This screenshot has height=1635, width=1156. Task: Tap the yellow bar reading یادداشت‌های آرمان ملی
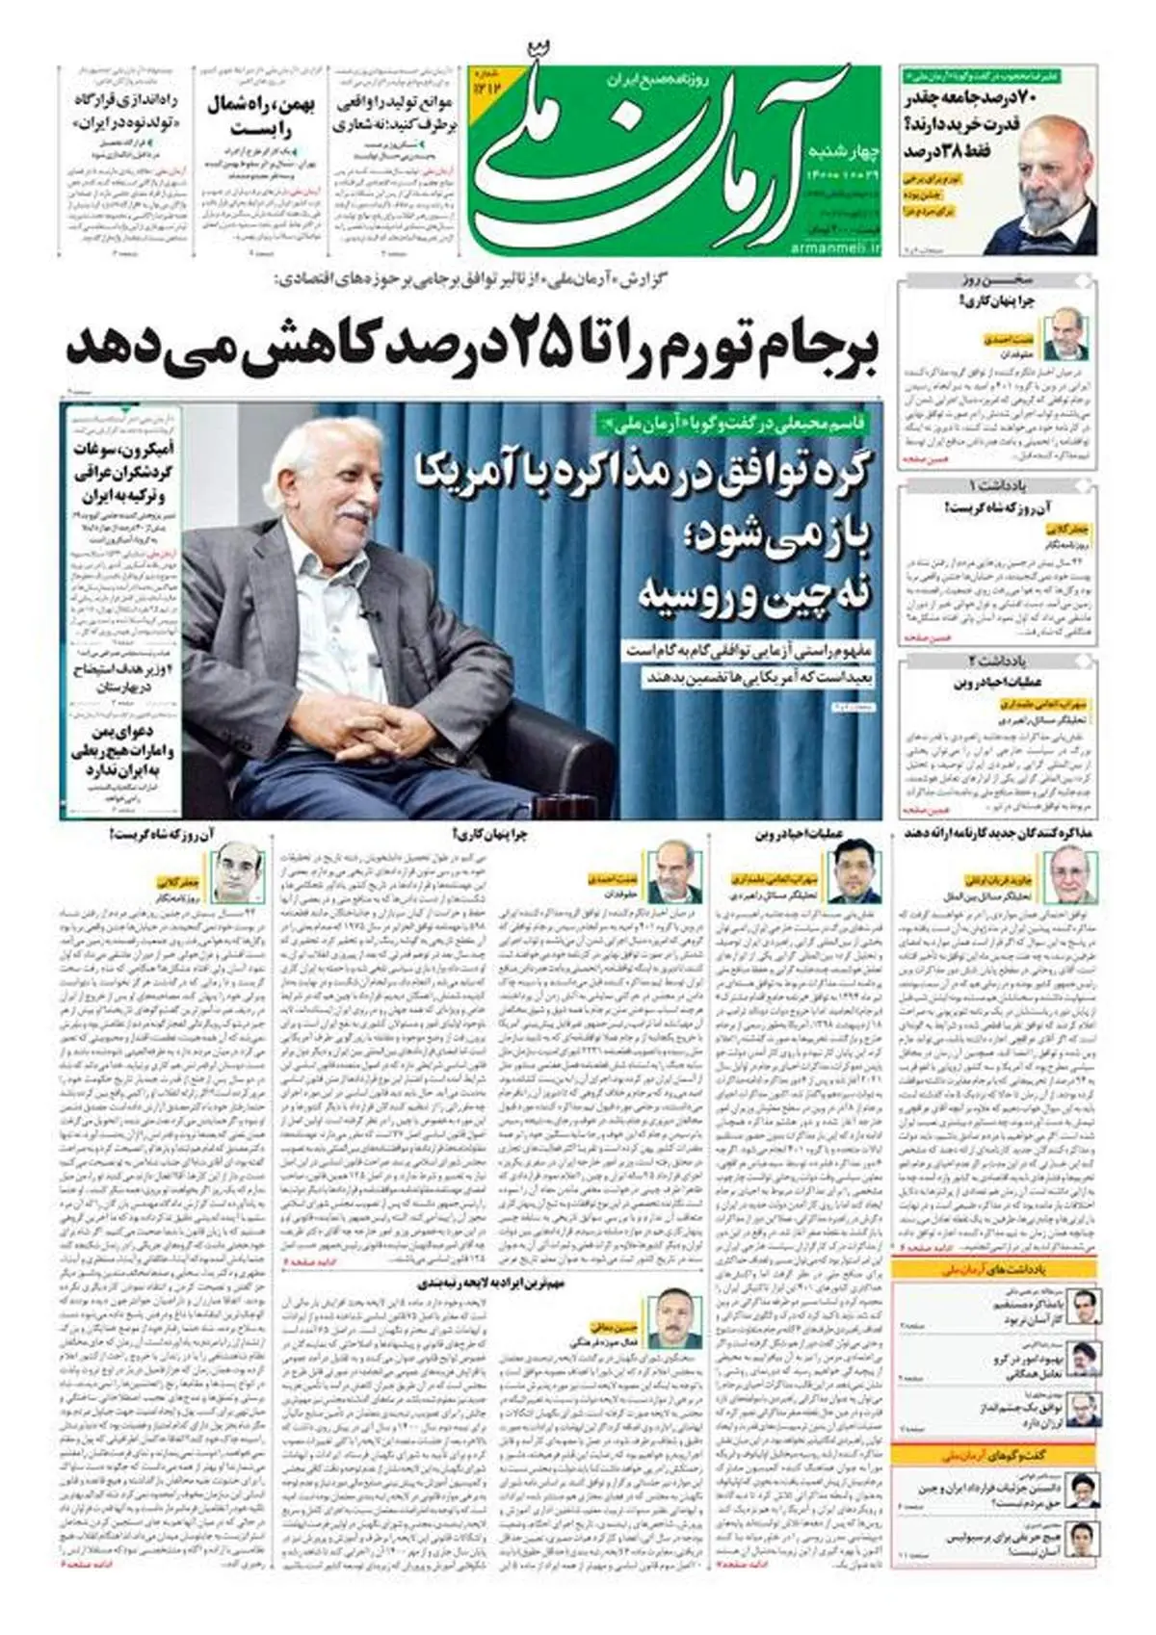click(997, 1269)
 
